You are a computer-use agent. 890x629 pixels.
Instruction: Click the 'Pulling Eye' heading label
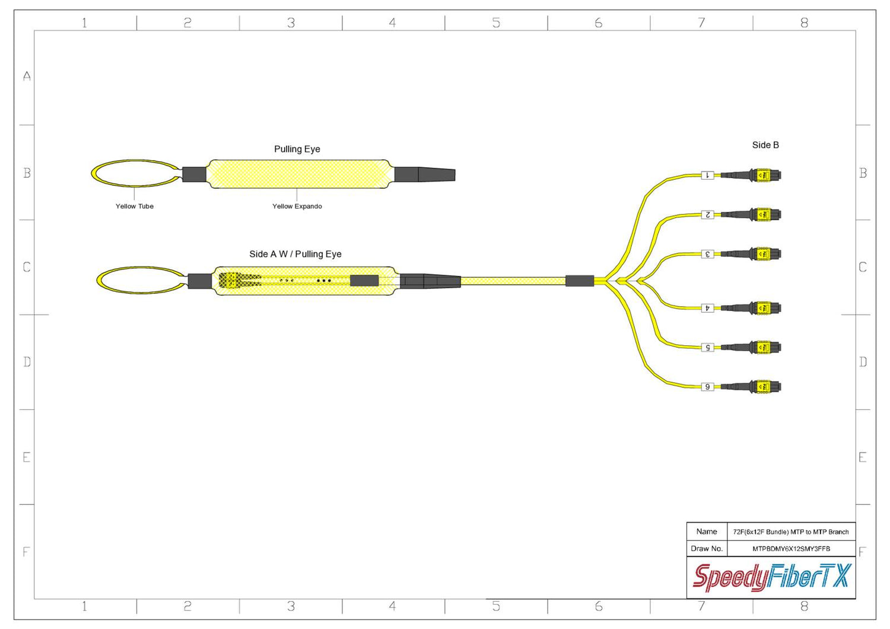[x=297, y=149]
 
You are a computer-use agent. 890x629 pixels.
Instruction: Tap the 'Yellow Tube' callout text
[x=134, y=207]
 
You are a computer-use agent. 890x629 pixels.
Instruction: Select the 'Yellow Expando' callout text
[x=297, y=207]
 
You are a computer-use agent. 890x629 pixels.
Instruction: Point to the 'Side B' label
[x=765, y=145]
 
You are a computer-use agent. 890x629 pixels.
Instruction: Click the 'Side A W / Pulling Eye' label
[x=295, y=254]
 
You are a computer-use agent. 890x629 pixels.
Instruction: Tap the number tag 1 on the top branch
[x=707, y=175]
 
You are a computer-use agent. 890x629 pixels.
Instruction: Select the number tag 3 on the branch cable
[x=707, y=254]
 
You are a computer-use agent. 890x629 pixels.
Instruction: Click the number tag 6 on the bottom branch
[x=707, y=387]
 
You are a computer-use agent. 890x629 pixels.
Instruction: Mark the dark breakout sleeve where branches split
[x=579, y=281]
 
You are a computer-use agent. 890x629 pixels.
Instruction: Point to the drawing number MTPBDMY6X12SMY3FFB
[x=791, y=549]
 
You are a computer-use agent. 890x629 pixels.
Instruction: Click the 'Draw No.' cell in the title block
[x=707, y=548]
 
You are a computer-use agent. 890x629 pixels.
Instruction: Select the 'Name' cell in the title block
[x=707, y=531]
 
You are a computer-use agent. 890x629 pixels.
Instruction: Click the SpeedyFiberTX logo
[x=771, y=577]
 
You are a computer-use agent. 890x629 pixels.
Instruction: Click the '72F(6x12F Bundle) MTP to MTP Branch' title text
[x=791, y=532]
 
